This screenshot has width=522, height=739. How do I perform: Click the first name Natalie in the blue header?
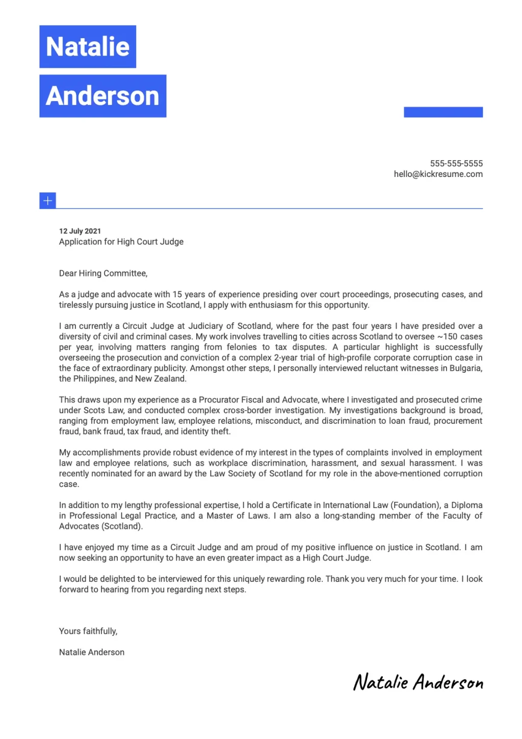pyautogui.click(x=88, y=47)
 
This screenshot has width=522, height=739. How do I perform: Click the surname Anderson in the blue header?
pyautogui.click(x=102, y=96)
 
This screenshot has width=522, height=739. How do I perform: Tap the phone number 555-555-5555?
pyautogui.click(x=456, y=163)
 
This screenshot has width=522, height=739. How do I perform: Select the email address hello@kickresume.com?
pyautogui.click(x=438, y=174)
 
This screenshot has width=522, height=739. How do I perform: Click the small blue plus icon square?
pyautogui.click(x=47, y=200)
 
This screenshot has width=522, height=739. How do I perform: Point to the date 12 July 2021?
pyautogui.click(x=80, y=231)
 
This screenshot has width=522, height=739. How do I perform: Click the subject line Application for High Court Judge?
pyautogui.click(x=121, y=242)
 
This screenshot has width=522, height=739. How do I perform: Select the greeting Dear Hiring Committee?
pyautogui.click(x=103, y=273)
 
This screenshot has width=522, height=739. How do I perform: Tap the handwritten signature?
pyautogui.click(x=418, y=682)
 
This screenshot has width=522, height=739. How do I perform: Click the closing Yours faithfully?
pyautogui.click(x=88, y=631)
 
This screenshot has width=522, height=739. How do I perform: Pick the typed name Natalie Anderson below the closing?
pyautogui.click(x=92, y=652)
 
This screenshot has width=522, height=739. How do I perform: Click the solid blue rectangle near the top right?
pyautogui.click(x=443, y=112)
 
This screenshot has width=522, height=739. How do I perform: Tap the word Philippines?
pyautogui.click(x=94, y=379)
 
